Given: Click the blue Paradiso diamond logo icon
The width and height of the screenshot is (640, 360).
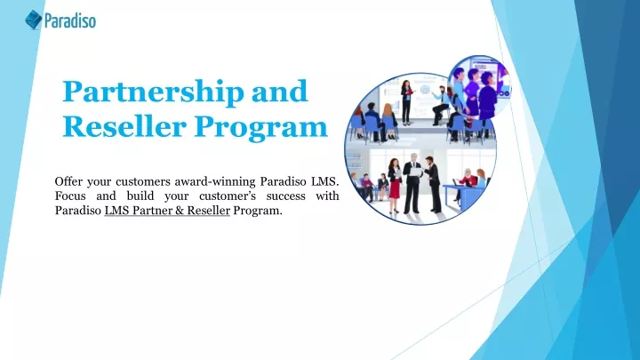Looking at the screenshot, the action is pos(34,20).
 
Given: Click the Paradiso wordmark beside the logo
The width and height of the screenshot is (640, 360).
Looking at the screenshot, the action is pos(70,20).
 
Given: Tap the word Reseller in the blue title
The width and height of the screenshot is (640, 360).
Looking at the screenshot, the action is pos(124,126).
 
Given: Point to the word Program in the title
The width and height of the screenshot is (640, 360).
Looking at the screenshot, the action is pos(260,128).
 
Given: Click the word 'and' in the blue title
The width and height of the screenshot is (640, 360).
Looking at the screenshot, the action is pos(280,91).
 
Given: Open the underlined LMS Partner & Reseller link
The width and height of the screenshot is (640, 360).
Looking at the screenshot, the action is pos(167,211).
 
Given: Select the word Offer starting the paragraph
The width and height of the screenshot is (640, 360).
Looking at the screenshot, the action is pos(68,180).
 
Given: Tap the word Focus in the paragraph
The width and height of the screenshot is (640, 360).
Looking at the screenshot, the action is pos(70,196).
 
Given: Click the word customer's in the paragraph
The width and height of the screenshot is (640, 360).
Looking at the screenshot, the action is pos(228,196).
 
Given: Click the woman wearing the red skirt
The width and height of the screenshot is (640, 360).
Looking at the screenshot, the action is pos(395,186).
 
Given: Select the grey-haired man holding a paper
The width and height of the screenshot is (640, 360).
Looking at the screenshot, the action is pos(413,182).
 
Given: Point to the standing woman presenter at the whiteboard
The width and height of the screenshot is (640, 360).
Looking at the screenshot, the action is pos(406,102).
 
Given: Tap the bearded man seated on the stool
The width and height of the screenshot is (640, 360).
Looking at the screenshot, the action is pos(440,105).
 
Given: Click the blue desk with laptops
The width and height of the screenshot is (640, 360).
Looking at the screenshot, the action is pos(465,196).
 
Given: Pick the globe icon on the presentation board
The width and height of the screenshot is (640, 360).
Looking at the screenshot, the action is pos(425,90).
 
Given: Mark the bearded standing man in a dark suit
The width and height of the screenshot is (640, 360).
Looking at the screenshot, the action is pos(433,184).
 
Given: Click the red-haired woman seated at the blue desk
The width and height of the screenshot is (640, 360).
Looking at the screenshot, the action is pos(481,179).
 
